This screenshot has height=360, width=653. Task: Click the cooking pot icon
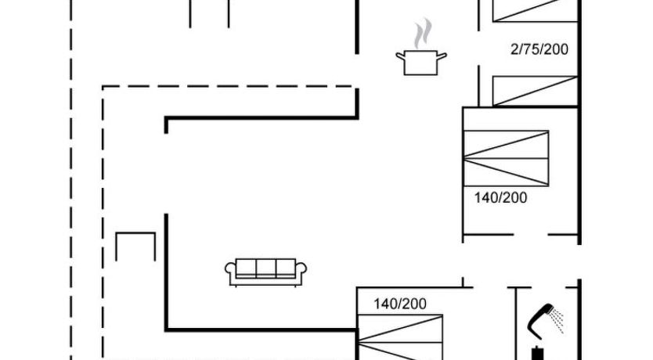point(421,63)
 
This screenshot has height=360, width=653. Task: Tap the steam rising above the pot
point(422,34)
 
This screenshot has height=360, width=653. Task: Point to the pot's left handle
point(400,56)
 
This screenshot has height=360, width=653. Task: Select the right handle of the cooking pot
point(442,56)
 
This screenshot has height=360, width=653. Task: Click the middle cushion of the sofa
point(266,268)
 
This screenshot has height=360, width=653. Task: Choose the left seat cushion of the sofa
point(246,268)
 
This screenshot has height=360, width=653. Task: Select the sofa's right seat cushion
point(286,268)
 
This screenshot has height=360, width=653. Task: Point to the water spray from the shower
point(557,320)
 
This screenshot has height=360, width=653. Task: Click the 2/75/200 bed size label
point(539,49)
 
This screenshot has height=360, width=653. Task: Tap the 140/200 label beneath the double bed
point(500,197)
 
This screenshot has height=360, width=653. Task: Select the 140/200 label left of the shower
point(400,304)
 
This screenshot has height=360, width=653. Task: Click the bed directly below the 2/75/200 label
point(535,91)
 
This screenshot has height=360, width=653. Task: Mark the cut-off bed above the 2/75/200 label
point(535,10)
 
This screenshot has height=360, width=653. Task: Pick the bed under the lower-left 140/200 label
point(400,337)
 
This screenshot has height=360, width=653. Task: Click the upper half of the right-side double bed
point(506,145)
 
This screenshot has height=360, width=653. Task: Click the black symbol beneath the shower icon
point(538,353)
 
